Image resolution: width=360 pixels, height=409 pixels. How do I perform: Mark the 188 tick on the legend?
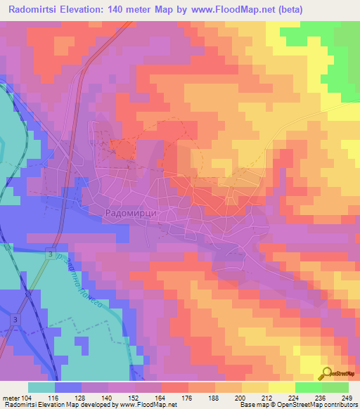pos(215,398)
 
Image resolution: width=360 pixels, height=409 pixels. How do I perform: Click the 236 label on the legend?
pos(321,398)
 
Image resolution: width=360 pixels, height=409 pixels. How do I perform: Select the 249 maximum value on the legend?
pos(347,398)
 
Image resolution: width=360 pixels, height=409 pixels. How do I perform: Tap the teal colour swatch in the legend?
pos(41,387)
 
